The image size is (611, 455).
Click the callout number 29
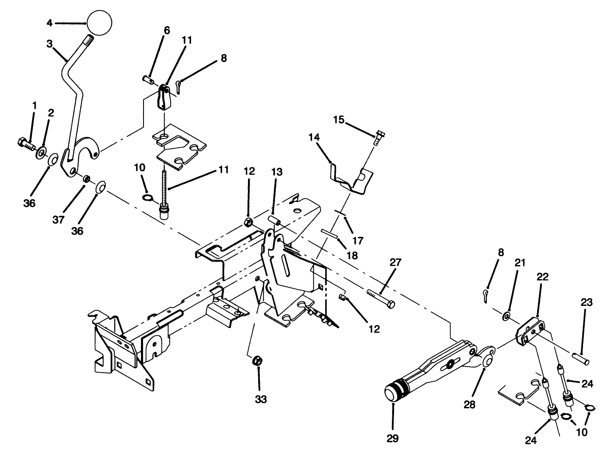(x=393, y=438)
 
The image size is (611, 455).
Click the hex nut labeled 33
(x=257, y=361)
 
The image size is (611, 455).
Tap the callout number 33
(x=261, y=399)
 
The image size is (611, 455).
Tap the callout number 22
(x=543, y=277)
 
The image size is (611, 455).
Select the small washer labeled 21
(x=506, y=316)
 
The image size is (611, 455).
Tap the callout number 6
(x=166, y=30)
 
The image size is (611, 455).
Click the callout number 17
(x=358, y=241)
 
